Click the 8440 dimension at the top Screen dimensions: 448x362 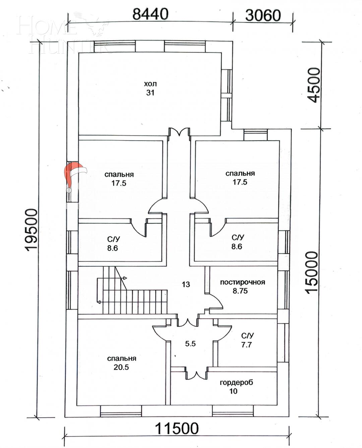tap(150, 14)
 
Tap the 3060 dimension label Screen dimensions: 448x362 tap(263, 15)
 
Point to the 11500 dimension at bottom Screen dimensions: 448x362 tap(177, 429)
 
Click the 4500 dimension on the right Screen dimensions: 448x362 tap(314, 85)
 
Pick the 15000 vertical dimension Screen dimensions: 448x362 tap(311, 272)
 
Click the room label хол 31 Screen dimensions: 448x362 tap(150, 88)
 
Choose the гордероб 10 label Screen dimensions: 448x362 tap(236, 387)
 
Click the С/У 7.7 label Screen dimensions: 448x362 tap(247, 340)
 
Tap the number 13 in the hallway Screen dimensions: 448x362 tap(186, 284)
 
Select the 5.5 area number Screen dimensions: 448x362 tap(190, 344)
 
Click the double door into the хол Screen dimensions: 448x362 tap(179, 132)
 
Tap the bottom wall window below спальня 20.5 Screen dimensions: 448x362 tap(121, 411)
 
